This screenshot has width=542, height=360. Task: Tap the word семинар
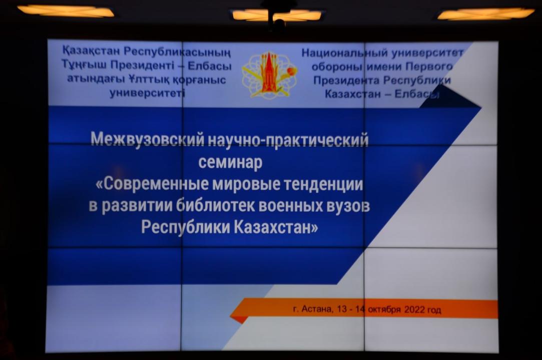(x=230, y=161)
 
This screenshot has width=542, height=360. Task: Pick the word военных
(x=291, y=205)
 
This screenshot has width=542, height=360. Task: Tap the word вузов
(x=348, y=206)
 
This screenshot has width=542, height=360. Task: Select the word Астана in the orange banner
(x=317, y=309)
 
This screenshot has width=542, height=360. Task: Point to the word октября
(x=384, y=309)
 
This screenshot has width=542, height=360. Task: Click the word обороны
(x=337, y=66)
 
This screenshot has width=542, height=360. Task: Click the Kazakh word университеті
(x=147, y=93)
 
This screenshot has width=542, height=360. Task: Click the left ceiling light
(x=66, y=11)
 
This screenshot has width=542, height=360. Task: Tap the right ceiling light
(x=486, y=14)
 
